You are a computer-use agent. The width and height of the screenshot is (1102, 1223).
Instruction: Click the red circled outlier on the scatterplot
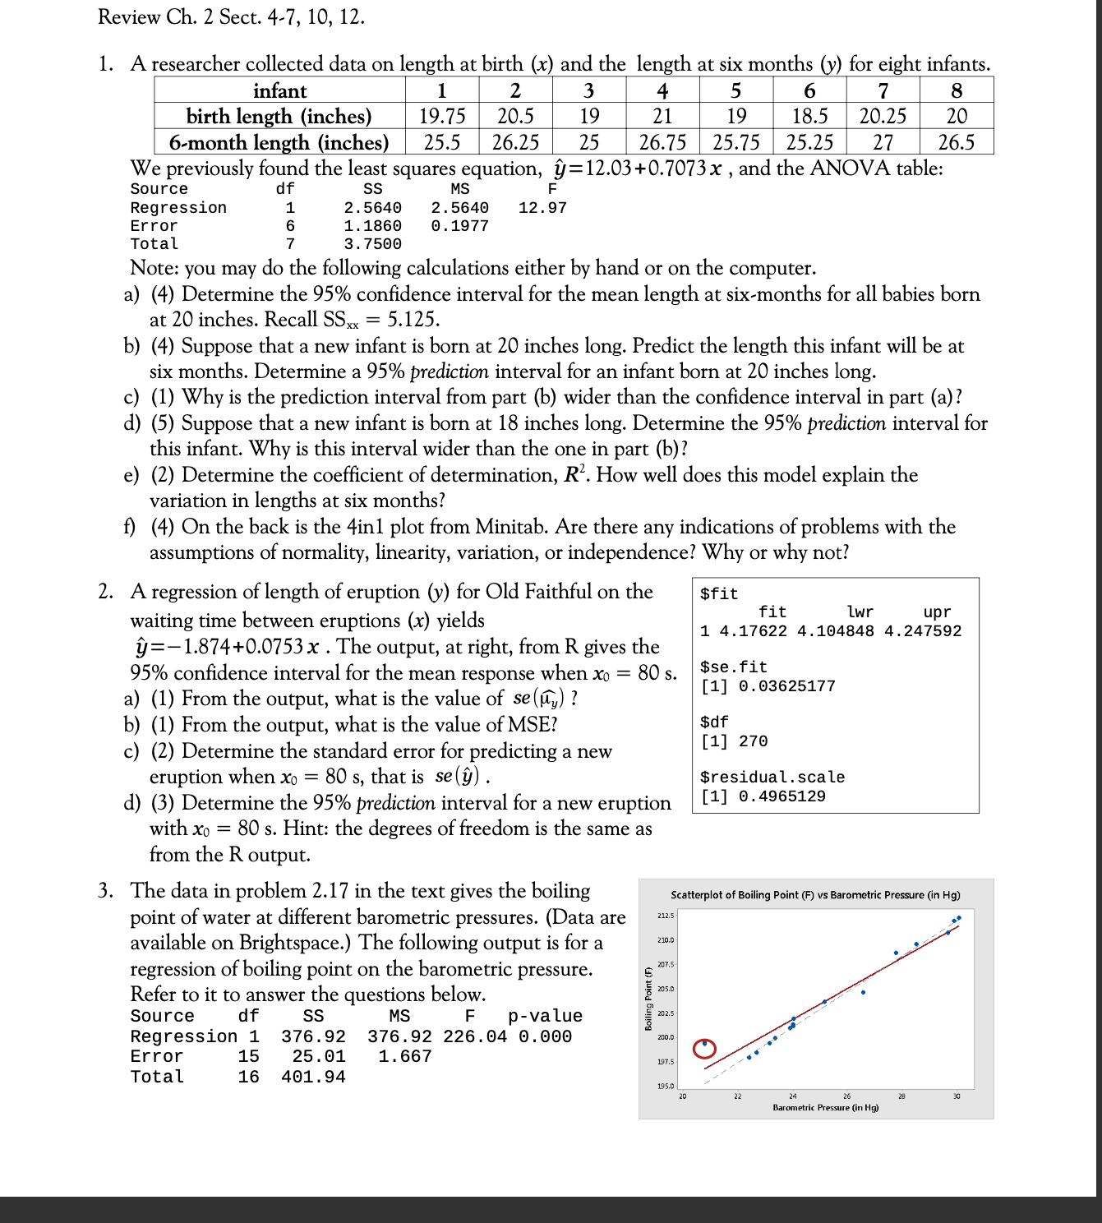pyautogui.click(x=703, y=1048)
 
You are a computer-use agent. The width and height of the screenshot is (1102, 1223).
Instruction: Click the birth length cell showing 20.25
pyautogui.click(x=883, y=116)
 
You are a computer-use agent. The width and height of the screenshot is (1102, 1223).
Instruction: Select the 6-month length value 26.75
pyautogui.click(x=662, y=142)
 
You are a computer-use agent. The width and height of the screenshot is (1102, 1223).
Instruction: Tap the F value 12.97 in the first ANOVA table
pyautogui.click(x=542, y=208)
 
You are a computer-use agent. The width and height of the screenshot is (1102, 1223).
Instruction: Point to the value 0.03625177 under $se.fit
pyautogui.click(x=786, y=686)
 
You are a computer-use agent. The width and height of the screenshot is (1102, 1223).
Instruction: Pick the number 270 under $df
pyautogui.click(x=753, y=741)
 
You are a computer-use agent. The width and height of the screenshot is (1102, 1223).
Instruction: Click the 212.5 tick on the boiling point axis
pyautogui.click(x=665, y=916)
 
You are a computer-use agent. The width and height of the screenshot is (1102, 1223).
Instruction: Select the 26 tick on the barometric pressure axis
pyautogui.click(x=846, y=1096)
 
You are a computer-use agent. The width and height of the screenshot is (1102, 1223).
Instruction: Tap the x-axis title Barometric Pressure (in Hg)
pyautogui.click(x=825, y=1108)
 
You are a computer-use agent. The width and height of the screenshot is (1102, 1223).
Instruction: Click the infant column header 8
pyautogui.click(x=957, y=90)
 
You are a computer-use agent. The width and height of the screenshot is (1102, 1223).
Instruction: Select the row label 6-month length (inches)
pyautogui.click(x=279, y=142)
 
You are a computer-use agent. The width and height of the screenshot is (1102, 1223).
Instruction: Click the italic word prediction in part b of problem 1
pyautogui.click(x=449, y=372)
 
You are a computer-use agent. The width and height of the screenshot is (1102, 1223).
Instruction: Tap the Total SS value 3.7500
pyautogui.click(x=372, y=244)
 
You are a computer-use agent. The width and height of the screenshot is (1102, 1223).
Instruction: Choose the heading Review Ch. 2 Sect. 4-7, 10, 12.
pyautogui.click(x=231, y=16)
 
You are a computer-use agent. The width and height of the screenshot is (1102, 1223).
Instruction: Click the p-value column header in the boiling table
pyautogui.click(x=545, y=1017)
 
